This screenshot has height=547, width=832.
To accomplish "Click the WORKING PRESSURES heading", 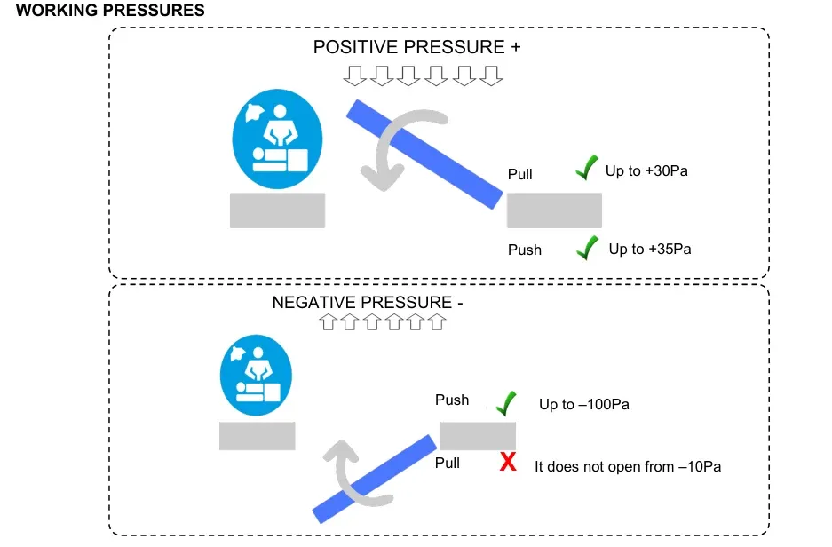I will (110, 12).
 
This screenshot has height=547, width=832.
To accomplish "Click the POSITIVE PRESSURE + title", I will (416, 48).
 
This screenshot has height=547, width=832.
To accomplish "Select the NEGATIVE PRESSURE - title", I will (368, 302).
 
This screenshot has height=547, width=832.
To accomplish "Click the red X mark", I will (508, 462).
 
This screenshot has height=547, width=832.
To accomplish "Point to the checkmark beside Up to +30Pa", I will (585, 167).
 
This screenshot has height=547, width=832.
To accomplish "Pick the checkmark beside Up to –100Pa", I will (506, 403).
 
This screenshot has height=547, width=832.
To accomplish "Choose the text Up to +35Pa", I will (649, 250).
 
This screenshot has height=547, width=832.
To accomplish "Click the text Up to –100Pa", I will (583, 405).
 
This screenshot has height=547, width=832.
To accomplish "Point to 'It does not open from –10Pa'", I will (628, 465).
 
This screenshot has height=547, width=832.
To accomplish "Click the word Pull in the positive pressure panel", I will (519, 174).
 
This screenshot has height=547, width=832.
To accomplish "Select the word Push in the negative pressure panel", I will (452, 400).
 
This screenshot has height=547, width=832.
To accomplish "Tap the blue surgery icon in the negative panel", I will (256, 376).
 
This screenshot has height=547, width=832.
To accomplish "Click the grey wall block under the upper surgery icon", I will (277, 210).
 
